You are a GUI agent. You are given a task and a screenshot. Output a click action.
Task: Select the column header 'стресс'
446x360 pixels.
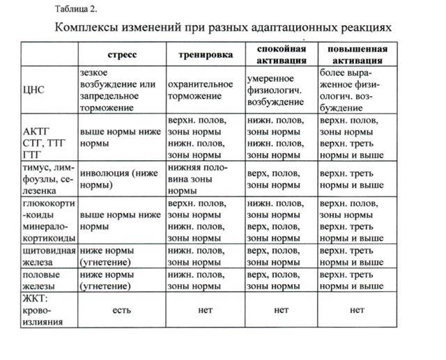(x=122, y=54)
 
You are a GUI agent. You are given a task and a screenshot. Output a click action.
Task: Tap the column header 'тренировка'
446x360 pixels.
(x=205, y=54)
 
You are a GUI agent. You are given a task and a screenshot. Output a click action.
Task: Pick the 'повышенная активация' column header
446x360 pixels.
(x=352, y=54)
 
